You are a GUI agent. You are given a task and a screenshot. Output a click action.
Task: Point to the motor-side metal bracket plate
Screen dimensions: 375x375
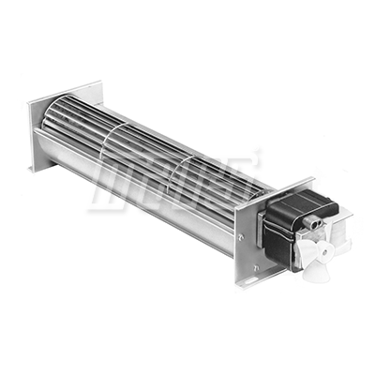tap(251, 230)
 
